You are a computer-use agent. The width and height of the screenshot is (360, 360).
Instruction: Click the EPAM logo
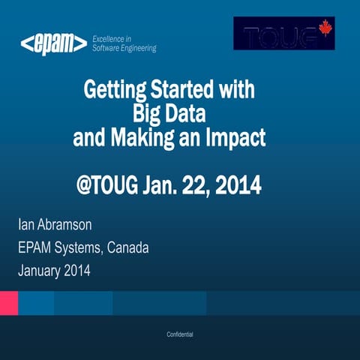[x=53, y=44]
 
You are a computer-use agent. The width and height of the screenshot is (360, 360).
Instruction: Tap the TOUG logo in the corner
[x=283, y=34]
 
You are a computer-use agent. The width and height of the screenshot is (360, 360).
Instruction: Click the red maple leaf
[x=325, y=28]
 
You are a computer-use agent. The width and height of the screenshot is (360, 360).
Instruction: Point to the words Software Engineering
[x=124, y=48]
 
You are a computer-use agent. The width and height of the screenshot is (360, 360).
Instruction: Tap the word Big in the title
[x=147, y=115]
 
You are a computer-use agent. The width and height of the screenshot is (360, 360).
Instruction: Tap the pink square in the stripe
[x=9, y=304]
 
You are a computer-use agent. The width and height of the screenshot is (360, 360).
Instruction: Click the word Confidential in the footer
[x=180, y=333]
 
